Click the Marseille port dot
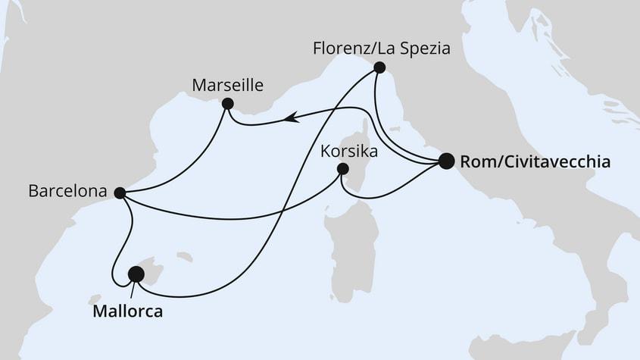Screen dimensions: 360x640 (226, 104)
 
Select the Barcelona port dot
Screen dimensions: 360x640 (119, 193)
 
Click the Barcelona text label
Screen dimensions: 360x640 (66, 192)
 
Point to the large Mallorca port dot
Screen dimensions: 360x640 (136, 274)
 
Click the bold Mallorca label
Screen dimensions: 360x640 (127, 311)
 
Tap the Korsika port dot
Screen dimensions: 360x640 (342, 169)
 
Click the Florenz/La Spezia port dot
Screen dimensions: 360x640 (379, 68)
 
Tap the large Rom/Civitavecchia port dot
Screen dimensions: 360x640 (446, 161)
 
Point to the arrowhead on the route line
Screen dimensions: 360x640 (290, 117)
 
